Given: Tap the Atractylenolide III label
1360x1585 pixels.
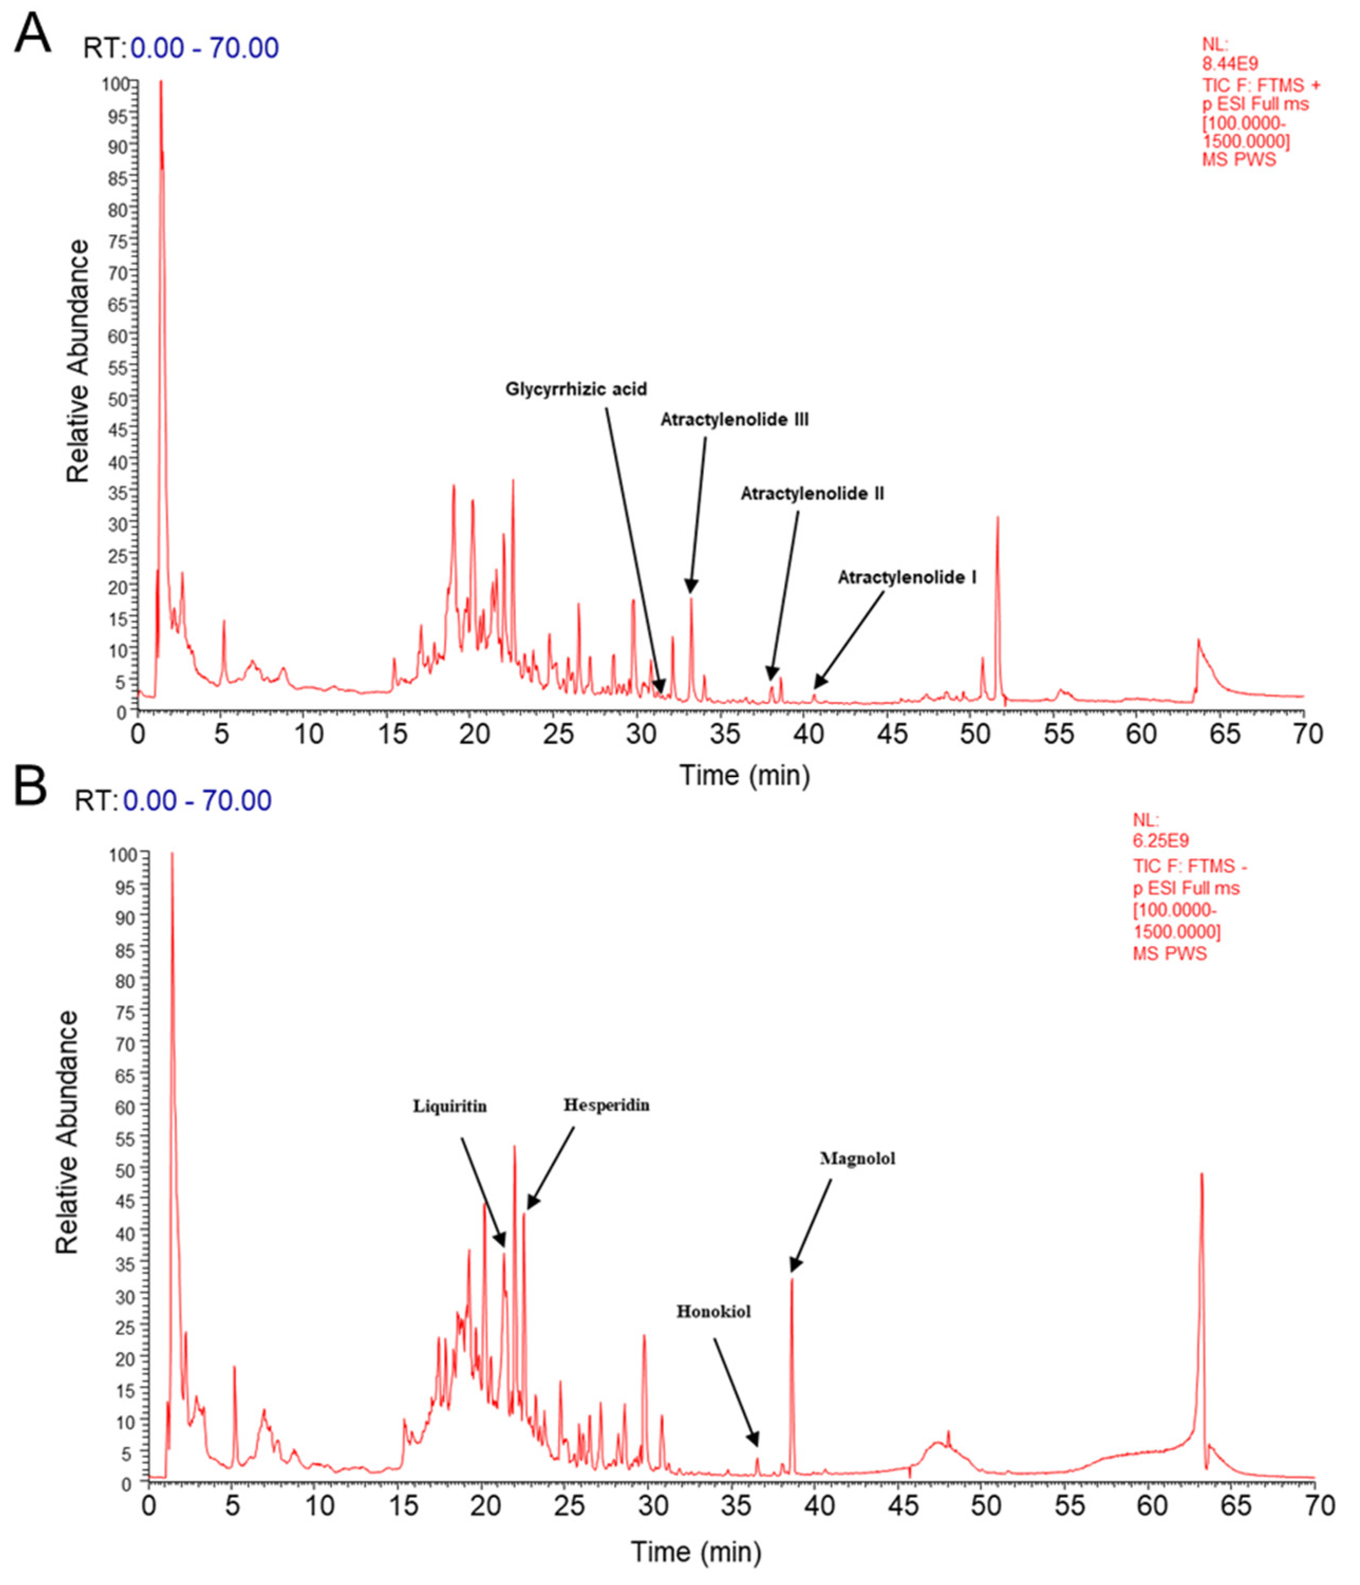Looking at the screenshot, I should (x=734, y=420).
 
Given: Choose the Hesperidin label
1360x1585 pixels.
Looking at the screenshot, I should (x=606, y=1105).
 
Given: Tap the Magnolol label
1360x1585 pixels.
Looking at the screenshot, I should (x=857, y=1159).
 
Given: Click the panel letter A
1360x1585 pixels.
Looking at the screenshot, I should (x=32, y=34).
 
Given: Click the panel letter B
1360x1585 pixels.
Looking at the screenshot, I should (x=31, y=789).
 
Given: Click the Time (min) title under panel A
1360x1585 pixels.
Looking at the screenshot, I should (x=744, y=776).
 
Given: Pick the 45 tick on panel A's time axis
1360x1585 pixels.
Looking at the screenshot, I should (x=892, y=734).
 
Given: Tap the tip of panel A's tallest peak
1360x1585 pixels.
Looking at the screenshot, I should (x=161, y=81).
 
